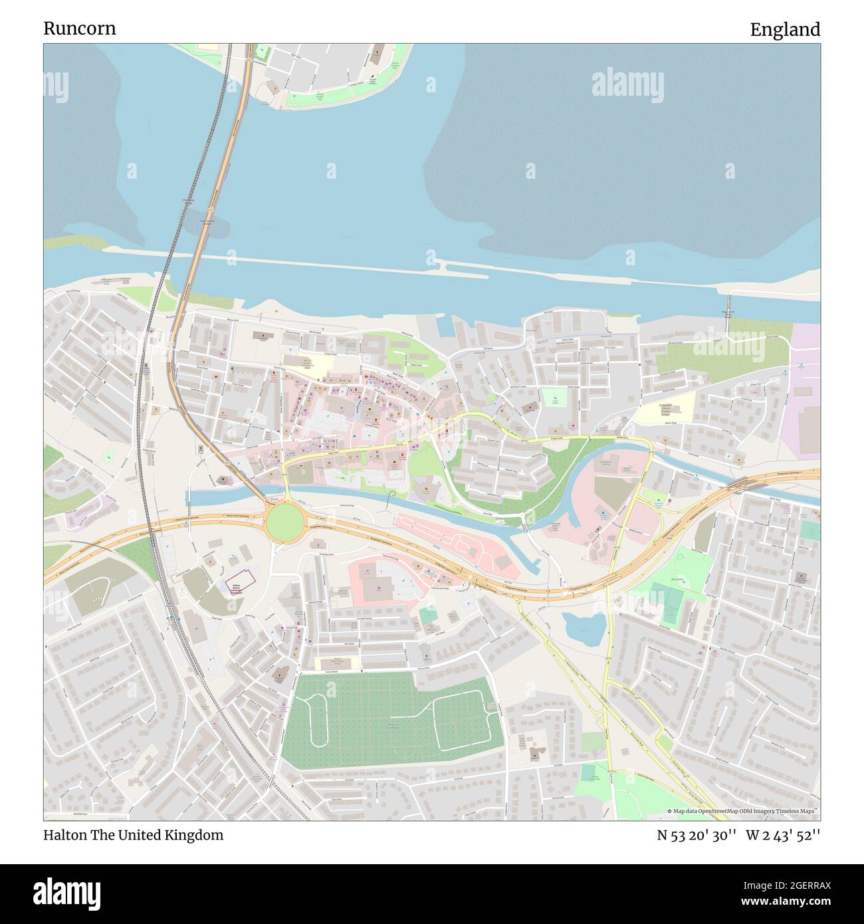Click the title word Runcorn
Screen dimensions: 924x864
click(79, 29)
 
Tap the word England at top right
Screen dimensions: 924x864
click(785, 30)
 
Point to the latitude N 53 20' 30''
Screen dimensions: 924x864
click(696, 835)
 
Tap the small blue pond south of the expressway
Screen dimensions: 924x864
click(584, 628)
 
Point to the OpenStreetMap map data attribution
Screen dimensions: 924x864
click(743, 811)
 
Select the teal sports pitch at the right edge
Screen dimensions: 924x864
click(810, 530)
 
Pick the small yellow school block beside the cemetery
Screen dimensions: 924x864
click(337, 663)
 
